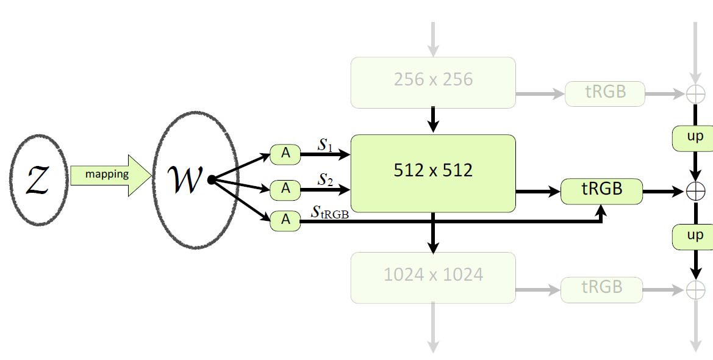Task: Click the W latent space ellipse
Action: coord(194,180)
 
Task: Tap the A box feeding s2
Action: coord(285,189)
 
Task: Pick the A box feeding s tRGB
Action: coord(285,220)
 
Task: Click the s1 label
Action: coord(326,145)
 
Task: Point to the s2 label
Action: coord(326,179)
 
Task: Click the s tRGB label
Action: coord(330,212)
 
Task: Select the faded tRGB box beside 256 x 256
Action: coord(605,93)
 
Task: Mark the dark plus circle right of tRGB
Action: coord(695,192)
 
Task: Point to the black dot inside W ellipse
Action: coord(210,180)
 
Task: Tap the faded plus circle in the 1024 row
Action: coord(695,290)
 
